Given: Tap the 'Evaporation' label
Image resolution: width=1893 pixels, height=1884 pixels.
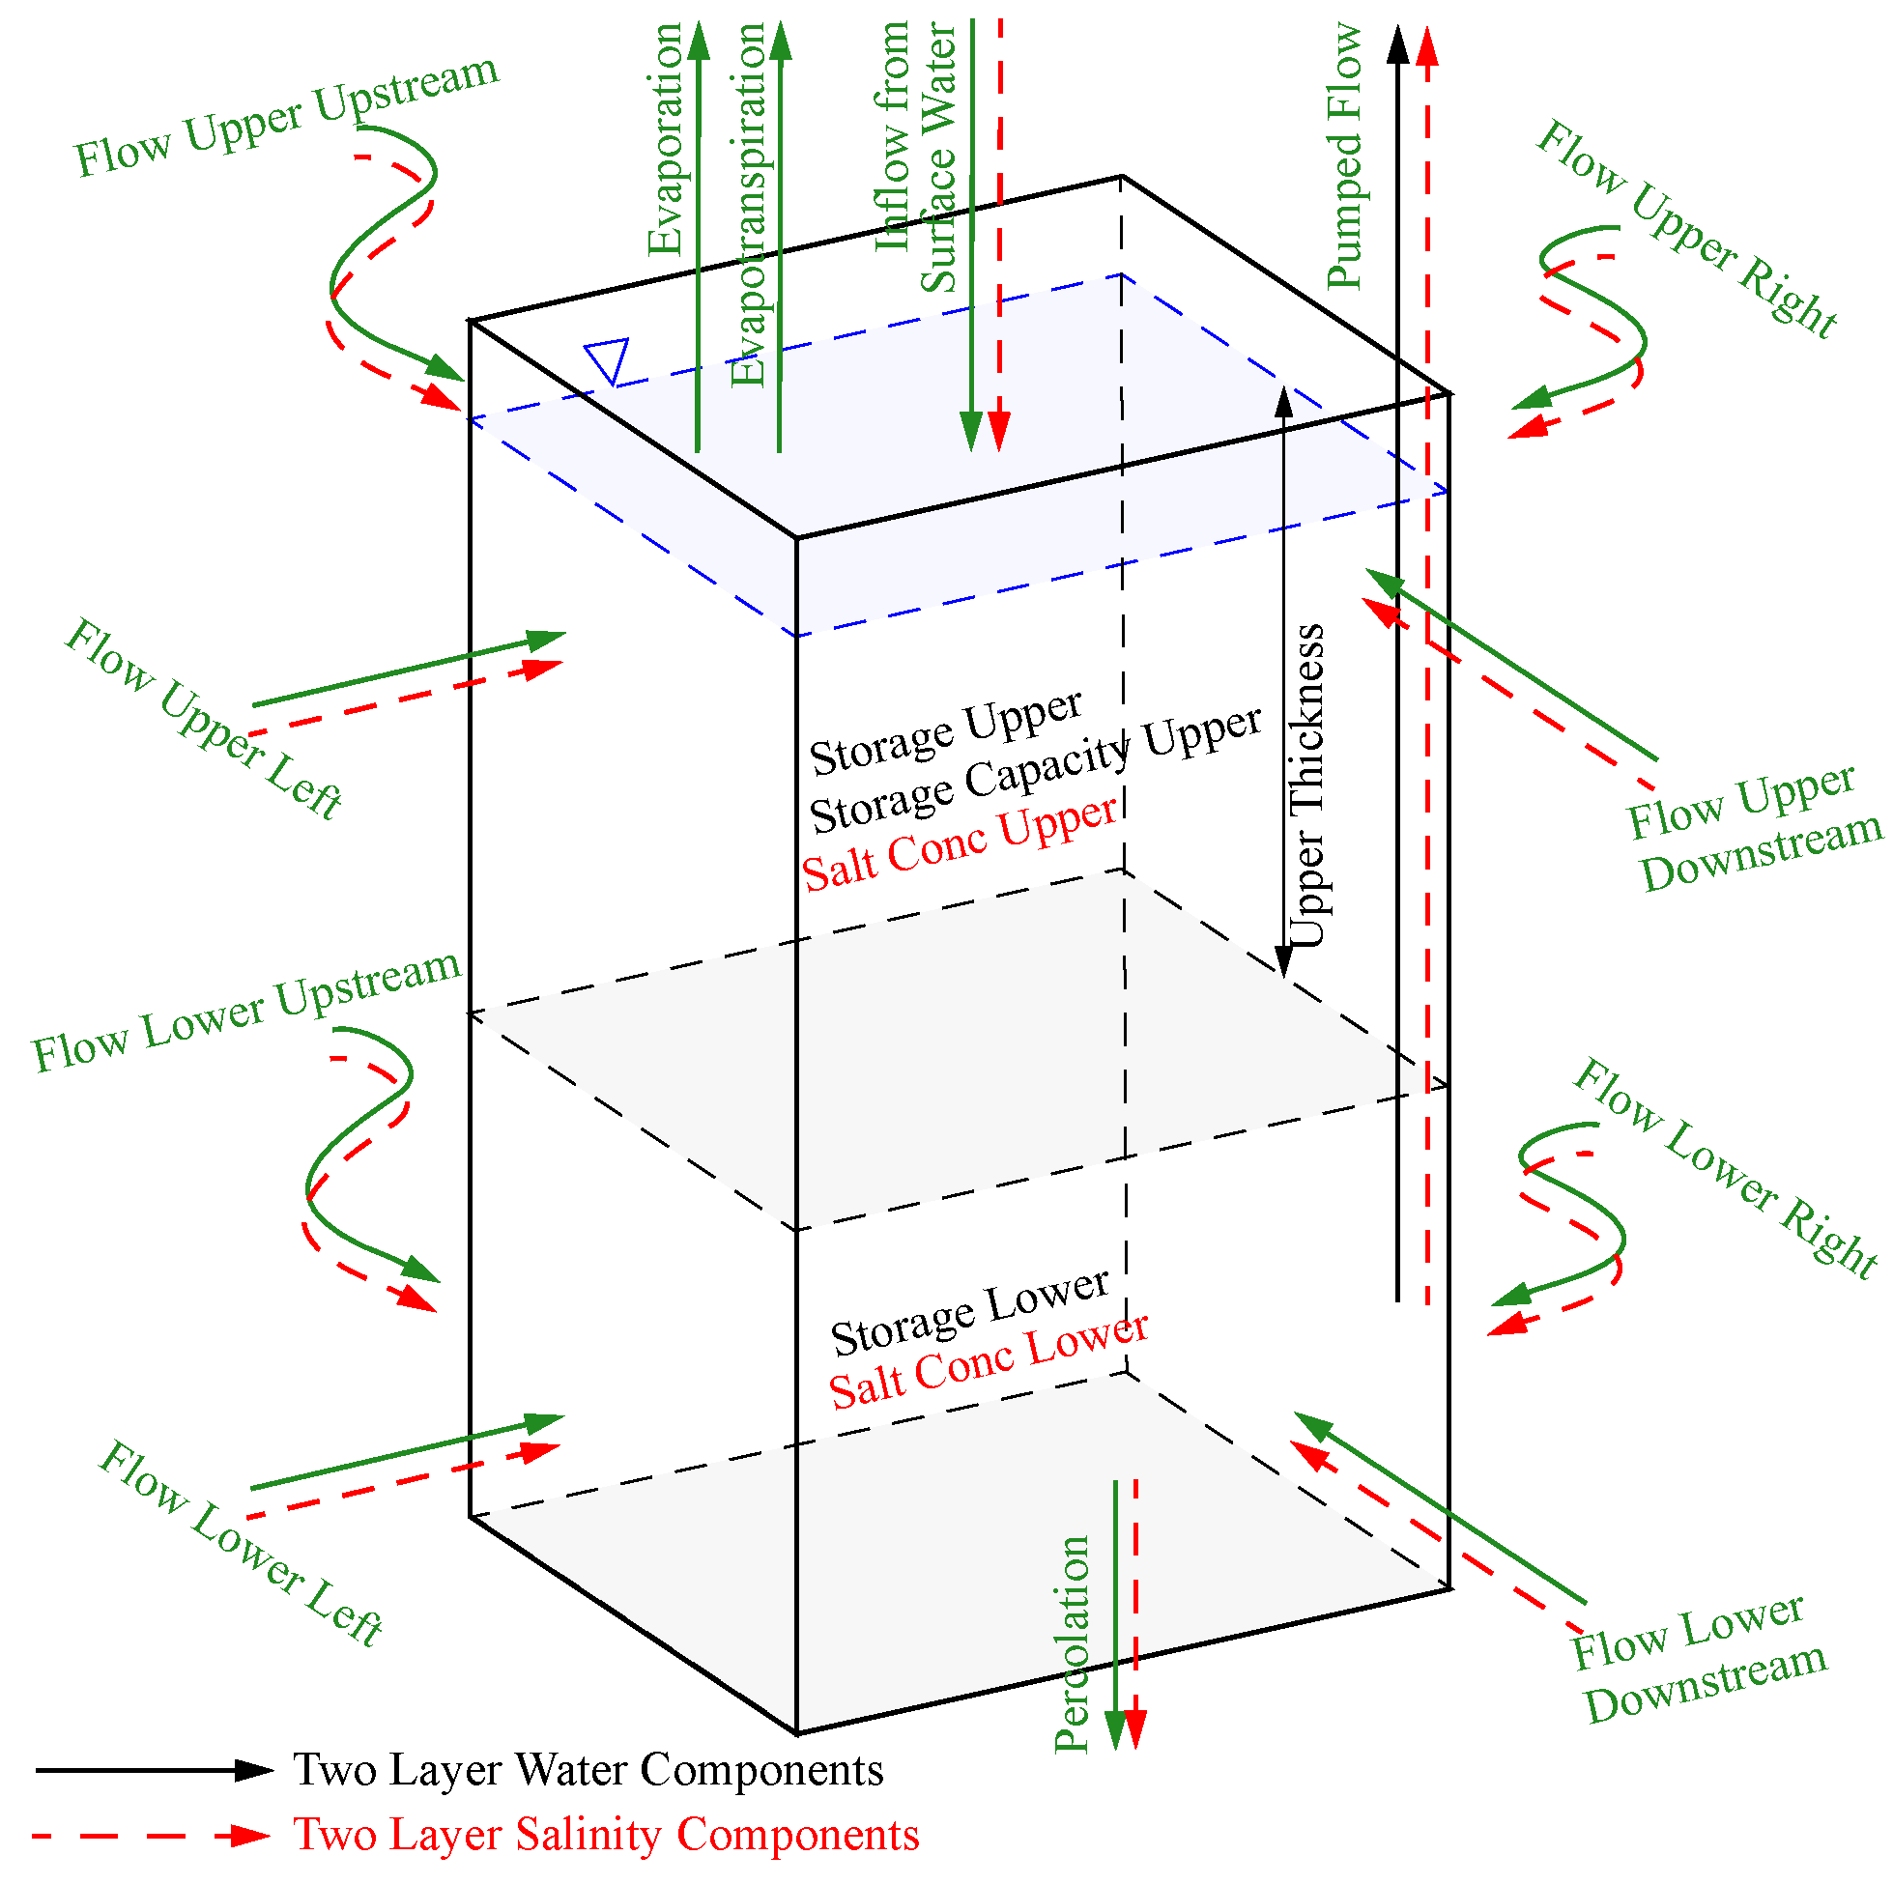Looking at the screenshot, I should [665, 139].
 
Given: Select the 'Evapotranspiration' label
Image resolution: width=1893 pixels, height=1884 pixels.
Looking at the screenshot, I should [750, 206].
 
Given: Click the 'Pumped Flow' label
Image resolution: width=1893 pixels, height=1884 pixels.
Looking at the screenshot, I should [1345, 157].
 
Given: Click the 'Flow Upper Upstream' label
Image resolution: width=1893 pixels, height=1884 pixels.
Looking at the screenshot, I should [287, 116].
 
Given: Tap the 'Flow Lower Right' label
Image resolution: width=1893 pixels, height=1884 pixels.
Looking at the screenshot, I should [1726, 1168].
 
